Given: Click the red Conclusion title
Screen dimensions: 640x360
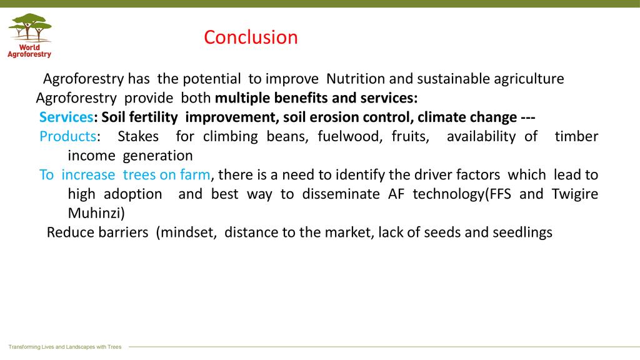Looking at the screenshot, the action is pos(251,37).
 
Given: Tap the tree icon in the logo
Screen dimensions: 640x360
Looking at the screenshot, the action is pos(30,27).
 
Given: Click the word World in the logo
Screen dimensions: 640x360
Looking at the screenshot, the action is pos(29,47).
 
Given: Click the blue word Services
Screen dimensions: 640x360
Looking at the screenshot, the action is pos(66,117).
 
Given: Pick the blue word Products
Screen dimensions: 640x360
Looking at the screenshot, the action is pos(67,136).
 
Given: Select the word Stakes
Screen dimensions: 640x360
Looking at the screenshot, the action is pos(138,136).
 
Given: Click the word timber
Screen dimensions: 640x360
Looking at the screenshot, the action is pos(576,136).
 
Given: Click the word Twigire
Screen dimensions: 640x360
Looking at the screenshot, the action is pos(575,194).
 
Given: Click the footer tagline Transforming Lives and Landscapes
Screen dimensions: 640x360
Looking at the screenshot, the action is pos(65,347).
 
